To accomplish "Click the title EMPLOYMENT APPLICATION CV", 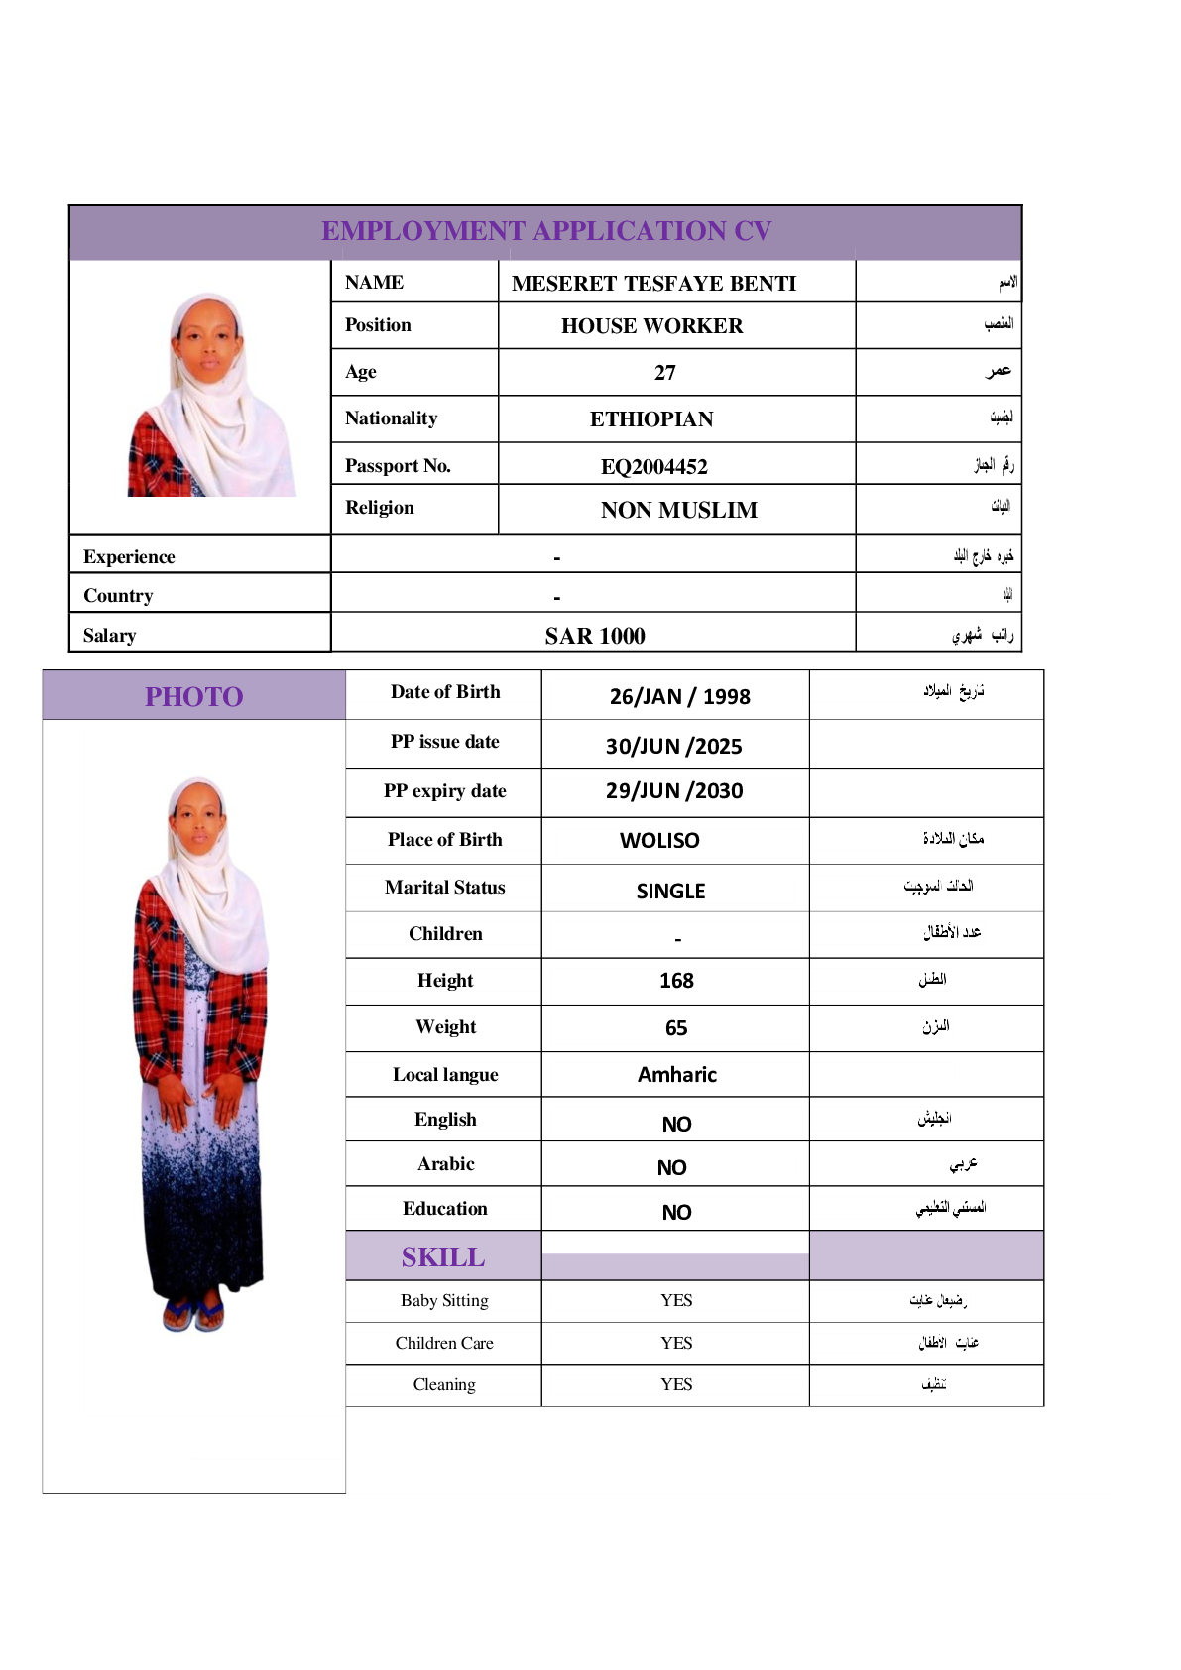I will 545,231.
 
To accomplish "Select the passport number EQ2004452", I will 653,466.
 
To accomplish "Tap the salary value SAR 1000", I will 594,636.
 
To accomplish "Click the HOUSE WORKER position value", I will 651,326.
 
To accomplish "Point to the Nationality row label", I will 391,418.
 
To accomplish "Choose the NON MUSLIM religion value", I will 678,510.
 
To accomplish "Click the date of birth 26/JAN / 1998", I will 679,696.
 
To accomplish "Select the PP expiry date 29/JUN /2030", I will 674,791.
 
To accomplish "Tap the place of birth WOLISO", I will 659,841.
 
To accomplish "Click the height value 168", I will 676,981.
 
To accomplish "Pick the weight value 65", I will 676,1028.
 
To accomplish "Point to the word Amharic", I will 676,1075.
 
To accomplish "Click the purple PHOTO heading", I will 193,696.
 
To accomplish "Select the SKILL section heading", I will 443,1256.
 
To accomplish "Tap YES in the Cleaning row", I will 676,1384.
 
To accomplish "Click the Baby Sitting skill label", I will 444,1300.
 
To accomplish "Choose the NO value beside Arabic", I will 671,1168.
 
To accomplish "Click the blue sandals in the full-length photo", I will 194,1314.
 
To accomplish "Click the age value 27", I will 664,373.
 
